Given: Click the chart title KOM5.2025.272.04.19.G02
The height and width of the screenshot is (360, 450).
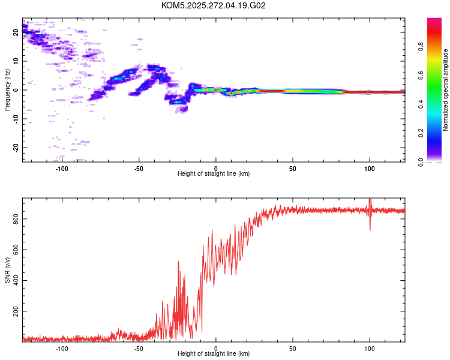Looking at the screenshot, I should click(x=214, y=5).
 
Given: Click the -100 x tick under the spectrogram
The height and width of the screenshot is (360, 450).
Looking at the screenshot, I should click(x=62, y=168).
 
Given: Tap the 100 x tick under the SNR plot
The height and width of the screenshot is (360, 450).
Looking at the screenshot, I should click(x=370, y=348).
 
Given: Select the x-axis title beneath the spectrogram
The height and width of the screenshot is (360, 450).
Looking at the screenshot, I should click(x=214, y=174).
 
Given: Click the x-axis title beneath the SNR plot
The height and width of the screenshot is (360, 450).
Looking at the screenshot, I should click(x=214, y=354).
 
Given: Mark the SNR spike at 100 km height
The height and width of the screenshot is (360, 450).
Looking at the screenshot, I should click(x=370, y=201).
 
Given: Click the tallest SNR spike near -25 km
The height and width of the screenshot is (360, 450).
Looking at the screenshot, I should click(x=178, y=262).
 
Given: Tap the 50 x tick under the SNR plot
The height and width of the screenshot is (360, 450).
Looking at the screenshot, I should click(x=293, y=348).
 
